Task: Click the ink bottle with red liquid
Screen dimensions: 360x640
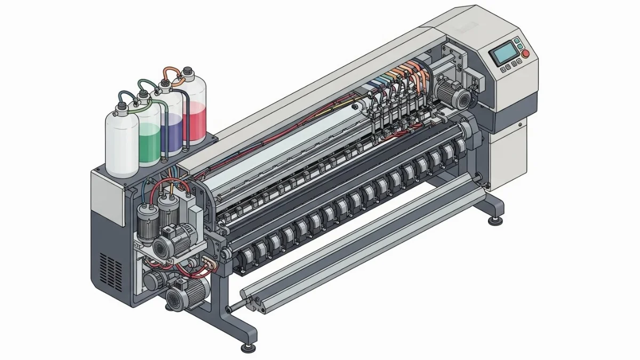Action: tap(194, 112)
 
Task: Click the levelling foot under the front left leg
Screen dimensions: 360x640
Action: tap(247, 348)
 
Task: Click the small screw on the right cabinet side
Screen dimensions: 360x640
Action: tap(519, 125)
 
